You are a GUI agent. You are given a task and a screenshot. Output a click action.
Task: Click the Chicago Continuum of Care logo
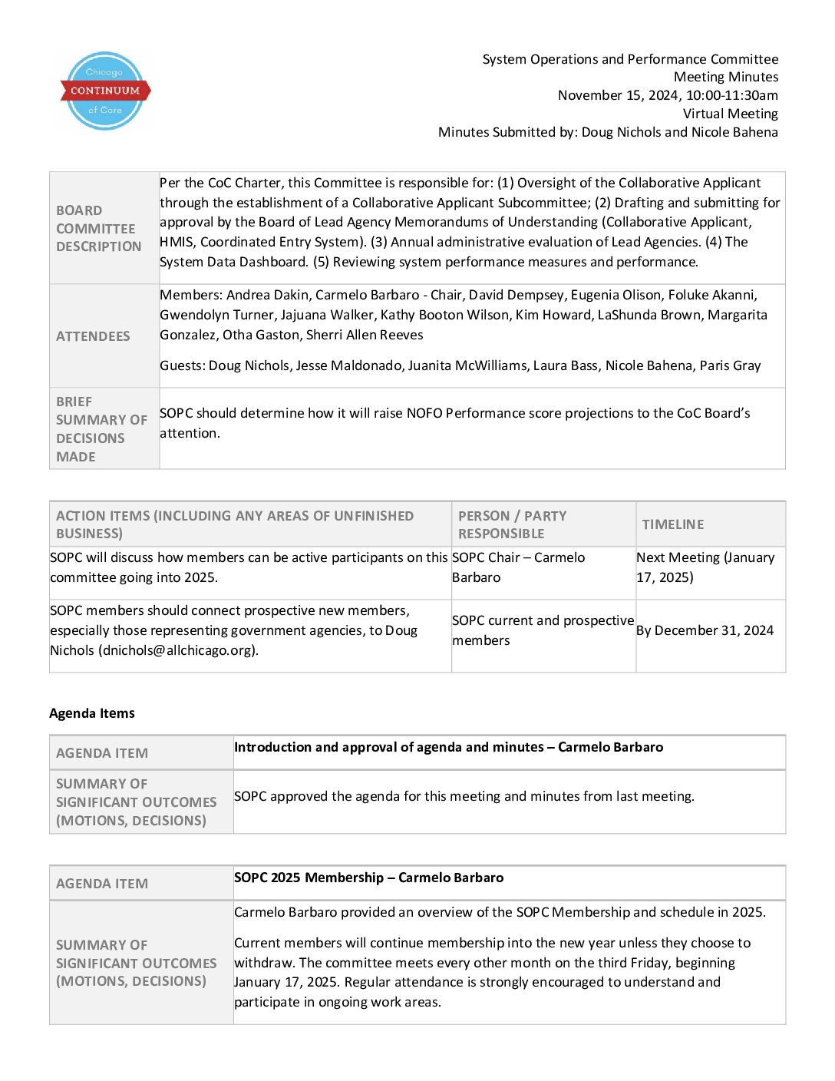pyautogui.click(x=105, y=91)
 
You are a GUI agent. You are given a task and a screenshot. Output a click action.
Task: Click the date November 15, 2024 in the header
pyautogui.click(x=618, y=95)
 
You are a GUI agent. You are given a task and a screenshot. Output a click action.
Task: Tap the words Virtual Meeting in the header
pyautogui.click(x=730, y=114)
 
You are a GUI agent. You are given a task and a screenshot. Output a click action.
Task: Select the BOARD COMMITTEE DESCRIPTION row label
pyautogui.click(x=99, y=229)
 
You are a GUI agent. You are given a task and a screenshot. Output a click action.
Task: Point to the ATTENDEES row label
pyautogui.click(x=93, y=336)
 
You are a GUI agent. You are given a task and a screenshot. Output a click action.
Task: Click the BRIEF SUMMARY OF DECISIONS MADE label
pyautogui.click(x=101, y=429)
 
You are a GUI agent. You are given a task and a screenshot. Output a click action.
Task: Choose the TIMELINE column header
pyautogui.click(x=673, y=524)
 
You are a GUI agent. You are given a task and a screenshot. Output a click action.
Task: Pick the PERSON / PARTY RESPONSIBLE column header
pyautogui.click(x=512, y=524)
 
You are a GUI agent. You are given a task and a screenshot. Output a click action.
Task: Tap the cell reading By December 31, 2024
pyautogui.click(x=705, y=630)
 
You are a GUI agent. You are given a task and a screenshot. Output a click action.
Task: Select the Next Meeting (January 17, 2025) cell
pyautogui.click(x=705, y=567)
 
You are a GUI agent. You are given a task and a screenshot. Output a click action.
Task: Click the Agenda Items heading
pyautogui.click(x=92, y=713)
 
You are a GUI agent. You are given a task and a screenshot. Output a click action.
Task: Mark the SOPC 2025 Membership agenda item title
pyautogui.click(x=368, y=878)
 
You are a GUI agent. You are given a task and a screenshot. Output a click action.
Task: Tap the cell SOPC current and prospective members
pyautogui.click(x=543, y=630)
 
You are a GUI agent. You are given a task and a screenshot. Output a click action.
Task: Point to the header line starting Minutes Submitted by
pyautogui.click(x=608, y=132)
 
